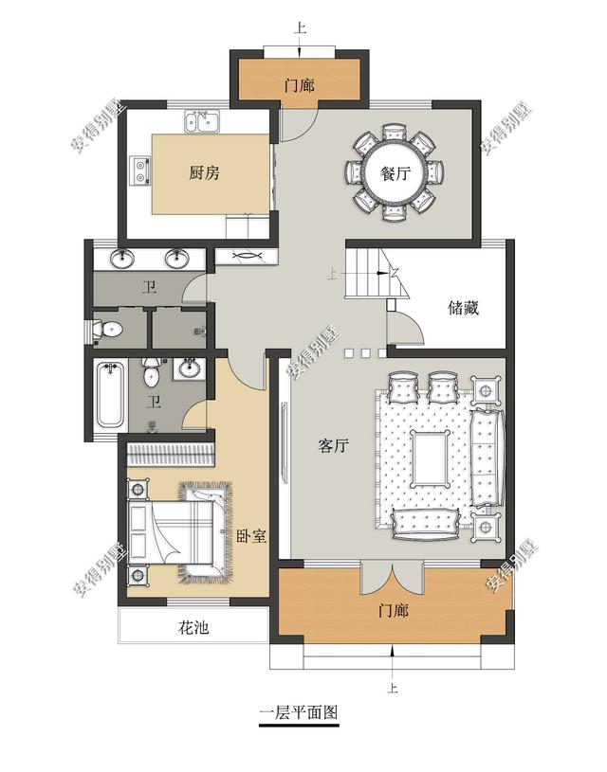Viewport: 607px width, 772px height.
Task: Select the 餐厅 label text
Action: click(x=395, y=174)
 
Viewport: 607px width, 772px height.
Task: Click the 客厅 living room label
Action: click(x=334, y=447)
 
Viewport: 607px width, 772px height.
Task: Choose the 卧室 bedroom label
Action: click(x=251, y=535)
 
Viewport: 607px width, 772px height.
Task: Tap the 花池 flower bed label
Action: click(x=193, y=627)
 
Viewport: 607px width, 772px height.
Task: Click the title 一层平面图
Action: click(x=299, y=712)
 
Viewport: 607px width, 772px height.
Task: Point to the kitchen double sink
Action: click(x=202, y=120)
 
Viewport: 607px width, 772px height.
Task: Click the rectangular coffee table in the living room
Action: click(x=432, y=457)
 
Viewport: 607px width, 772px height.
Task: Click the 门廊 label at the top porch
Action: click(x=299, y=85)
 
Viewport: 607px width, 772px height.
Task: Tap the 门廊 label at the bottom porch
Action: click(x=393, y=611)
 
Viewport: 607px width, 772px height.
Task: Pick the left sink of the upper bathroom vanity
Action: click(x=122, y=259)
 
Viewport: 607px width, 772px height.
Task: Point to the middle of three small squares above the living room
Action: click(x=364, y=353)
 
